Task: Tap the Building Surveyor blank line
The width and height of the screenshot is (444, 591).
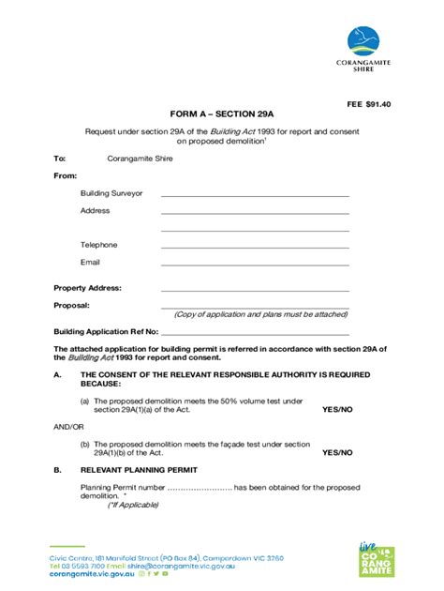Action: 255,194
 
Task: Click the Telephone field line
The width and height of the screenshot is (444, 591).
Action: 255,246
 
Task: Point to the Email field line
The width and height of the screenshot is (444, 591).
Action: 255,264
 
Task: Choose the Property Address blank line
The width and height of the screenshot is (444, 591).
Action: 255,289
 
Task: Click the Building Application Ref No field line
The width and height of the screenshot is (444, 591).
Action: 255,333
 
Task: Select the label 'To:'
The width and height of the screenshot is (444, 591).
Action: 59,159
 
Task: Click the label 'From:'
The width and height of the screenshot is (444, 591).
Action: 65,176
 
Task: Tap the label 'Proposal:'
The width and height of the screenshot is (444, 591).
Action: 71,306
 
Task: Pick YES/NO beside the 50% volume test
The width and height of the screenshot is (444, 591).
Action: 337,410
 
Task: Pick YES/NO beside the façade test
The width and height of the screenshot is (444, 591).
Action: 337,452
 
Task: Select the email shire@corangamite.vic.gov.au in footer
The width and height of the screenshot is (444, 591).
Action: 183,567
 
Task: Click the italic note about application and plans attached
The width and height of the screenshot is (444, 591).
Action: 260,315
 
